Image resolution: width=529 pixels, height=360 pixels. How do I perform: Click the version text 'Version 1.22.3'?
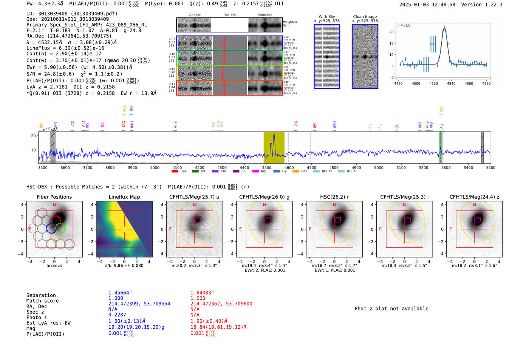pyautogui.click(x=482, y=5)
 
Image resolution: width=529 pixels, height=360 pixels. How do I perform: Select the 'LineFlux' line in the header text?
pyautogui.click(x=65, y=48)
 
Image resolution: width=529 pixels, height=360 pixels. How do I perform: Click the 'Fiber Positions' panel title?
pyautogui.click(x=54, y=197)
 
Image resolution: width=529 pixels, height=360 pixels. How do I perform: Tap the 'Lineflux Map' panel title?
pyautogui.click(x=124, y=197)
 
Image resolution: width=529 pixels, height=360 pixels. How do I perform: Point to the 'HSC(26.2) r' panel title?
pyautogui.click(x=334, y=197)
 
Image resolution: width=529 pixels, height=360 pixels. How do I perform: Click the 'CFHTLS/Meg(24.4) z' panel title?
pyautogui.click(x=474, y=197)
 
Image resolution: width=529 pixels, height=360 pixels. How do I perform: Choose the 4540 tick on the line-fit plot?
pyautogui.click(x=451, y=83)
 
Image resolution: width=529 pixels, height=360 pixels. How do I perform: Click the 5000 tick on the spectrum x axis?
pyautogui.click(x=379, y=168)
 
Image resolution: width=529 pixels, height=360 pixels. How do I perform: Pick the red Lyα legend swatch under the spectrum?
pyautogui.click(x=175, y=172)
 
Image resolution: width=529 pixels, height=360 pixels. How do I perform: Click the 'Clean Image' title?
pyautogui.click(x=365, y=17)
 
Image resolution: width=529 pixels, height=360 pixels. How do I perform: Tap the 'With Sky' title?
pyautogui.click(x=326, y=17)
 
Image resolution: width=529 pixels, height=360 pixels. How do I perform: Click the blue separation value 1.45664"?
pyautogui.click(x=120, y=293)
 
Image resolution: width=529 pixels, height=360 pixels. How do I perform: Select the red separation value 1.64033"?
pyautogui.click(x=202, y=293)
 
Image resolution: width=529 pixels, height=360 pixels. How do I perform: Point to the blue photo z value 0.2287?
pyautogui.click(x=117, y=315)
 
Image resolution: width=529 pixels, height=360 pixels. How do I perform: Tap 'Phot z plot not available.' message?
pyautogui.click(x=393, y=309)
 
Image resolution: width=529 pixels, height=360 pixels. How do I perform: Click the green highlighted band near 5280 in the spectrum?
pyautogui.click(x=441, y=147)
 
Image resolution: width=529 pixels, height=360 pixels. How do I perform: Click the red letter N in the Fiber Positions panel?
pyautogui.click(x=54, y=205)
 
